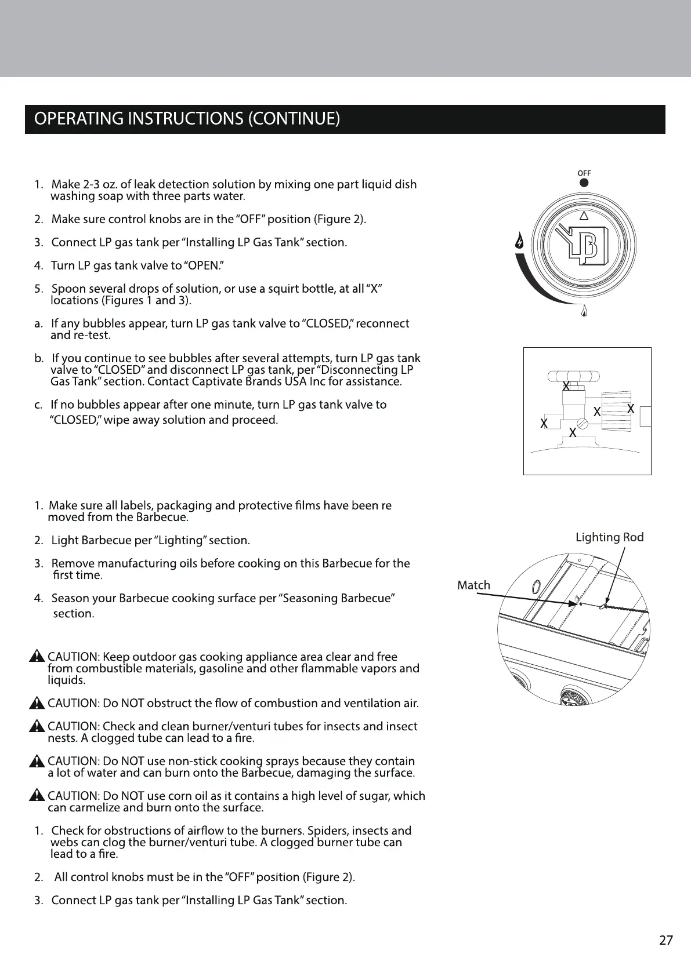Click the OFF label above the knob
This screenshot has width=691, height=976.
pos(584,173)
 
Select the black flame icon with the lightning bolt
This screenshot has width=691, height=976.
pos(520,241)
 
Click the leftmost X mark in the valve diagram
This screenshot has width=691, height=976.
pos(544,424)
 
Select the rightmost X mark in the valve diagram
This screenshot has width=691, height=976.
pos(631,409)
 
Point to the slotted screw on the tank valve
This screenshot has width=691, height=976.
pos(583,424)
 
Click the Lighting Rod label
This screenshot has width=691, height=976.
pos(609,537)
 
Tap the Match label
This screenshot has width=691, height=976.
pos(473,585)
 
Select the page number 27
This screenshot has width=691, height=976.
pos(666,940)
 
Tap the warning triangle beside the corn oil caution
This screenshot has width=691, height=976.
pos(38,795)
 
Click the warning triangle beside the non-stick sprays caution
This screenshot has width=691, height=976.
pos(38,760)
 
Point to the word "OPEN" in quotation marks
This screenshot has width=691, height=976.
pos(202,265)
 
